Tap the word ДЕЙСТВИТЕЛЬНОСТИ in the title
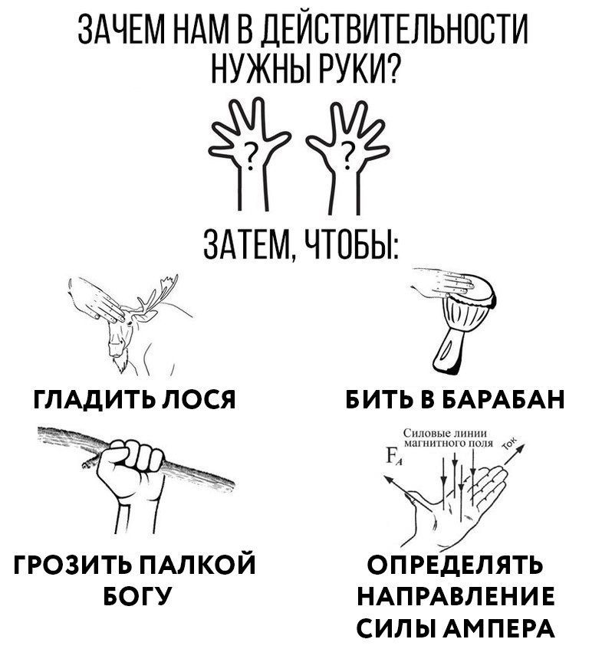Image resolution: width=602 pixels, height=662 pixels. [393, 30]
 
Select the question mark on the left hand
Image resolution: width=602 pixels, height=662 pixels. [251, 155]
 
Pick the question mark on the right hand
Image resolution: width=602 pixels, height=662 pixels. [347, 155]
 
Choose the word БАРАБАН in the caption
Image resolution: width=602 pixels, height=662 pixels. [504, 398]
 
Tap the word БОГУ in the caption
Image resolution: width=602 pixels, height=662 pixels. [137, 595]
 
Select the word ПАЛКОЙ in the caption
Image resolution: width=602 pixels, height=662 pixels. [196, 564]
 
